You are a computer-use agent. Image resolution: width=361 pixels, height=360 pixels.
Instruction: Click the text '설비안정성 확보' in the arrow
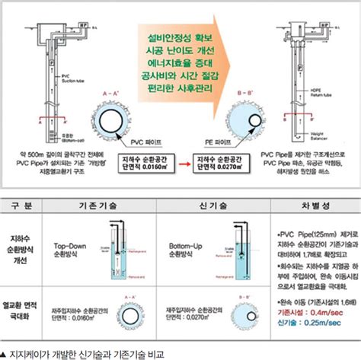click(180, 33)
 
